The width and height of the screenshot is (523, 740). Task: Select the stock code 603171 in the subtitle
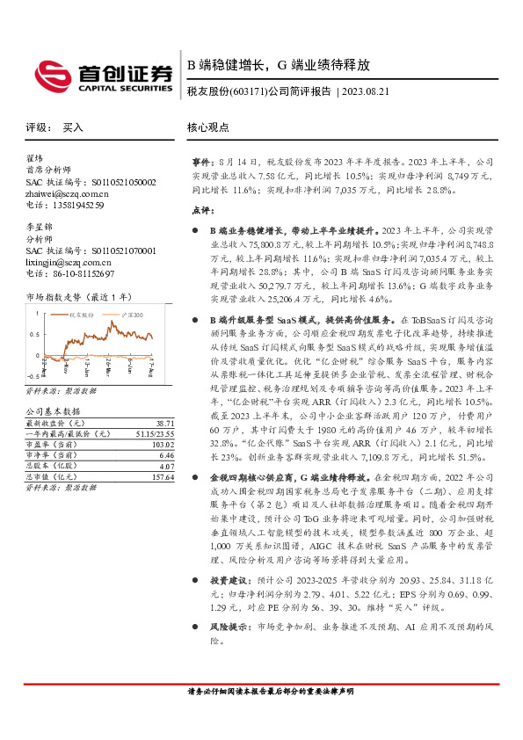(x=251, y=91)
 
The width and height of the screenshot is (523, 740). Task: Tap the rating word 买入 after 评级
(x=73, y=127)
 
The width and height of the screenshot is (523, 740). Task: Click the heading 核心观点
(x=207, y=127)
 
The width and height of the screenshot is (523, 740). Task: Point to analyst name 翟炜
(x=34, y=159)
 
